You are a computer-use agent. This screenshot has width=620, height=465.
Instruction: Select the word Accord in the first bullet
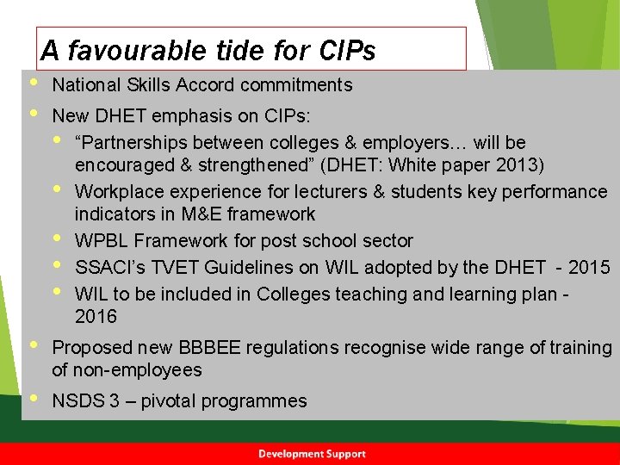208,84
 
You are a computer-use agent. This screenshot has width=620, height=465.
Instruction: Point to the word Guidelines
238,267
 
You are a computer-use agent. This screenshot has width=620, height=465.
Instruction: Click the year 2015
589,267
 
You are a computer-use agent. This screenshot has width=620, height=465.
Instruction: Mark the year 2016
96,316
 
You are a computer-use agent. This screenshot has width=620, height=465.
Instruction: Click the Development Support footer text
312,454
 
